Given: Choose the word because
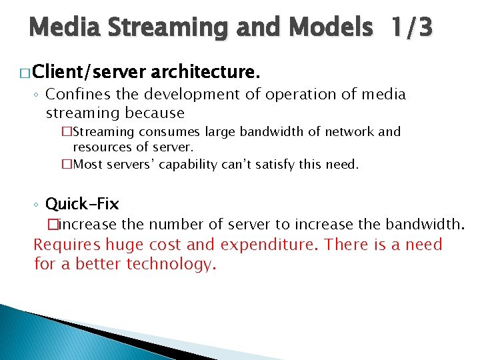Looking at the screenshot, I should (x=152, y=113).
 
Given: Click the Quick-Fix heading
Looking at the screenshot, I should (x=82, y=203).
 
